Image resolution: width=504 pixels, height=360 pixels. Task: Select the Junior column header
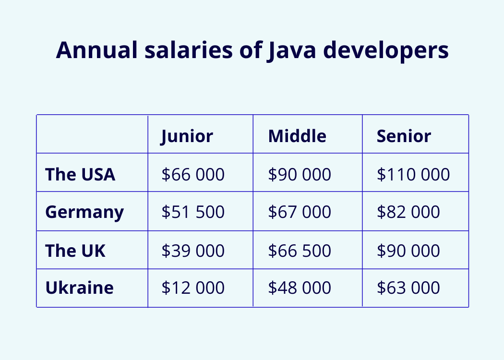187,136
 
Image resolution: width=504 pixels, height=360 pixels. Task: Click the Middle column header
297,136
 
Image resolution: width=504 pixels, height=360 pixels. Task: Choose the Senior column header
404,136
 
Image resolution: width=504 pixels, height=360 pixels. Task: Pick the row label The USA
80,174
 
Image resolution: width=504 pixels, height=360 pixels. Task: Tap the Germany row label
84,212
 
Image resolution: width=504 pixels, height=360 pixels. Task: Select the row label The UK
75,251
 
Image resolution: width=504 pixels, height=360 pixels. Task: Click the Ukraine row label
80,288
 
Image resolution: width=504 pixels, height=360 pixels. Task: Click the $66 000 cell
193,174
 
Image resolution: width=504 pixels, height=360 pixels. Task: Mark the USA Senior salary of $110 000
413,174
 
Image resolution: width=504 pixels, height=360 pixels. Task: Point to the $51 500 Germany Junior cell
193,212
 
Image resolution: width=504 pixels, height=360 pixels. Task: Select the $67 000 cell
300,212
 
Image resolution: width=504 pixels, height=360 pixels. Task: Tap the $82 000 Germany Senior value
408,212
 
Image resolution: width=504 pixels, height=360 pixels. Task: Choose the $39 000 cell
193,251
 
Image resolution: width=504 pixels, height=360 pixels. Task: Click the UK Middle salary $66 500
300,251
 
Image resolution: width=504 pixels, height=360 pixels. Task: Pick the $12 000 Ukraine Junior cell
193,288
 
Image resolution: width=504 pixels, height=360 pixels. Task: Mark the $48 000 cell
300,288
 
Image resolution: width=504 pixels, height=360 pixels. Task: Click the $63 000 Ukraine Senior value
408,288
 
